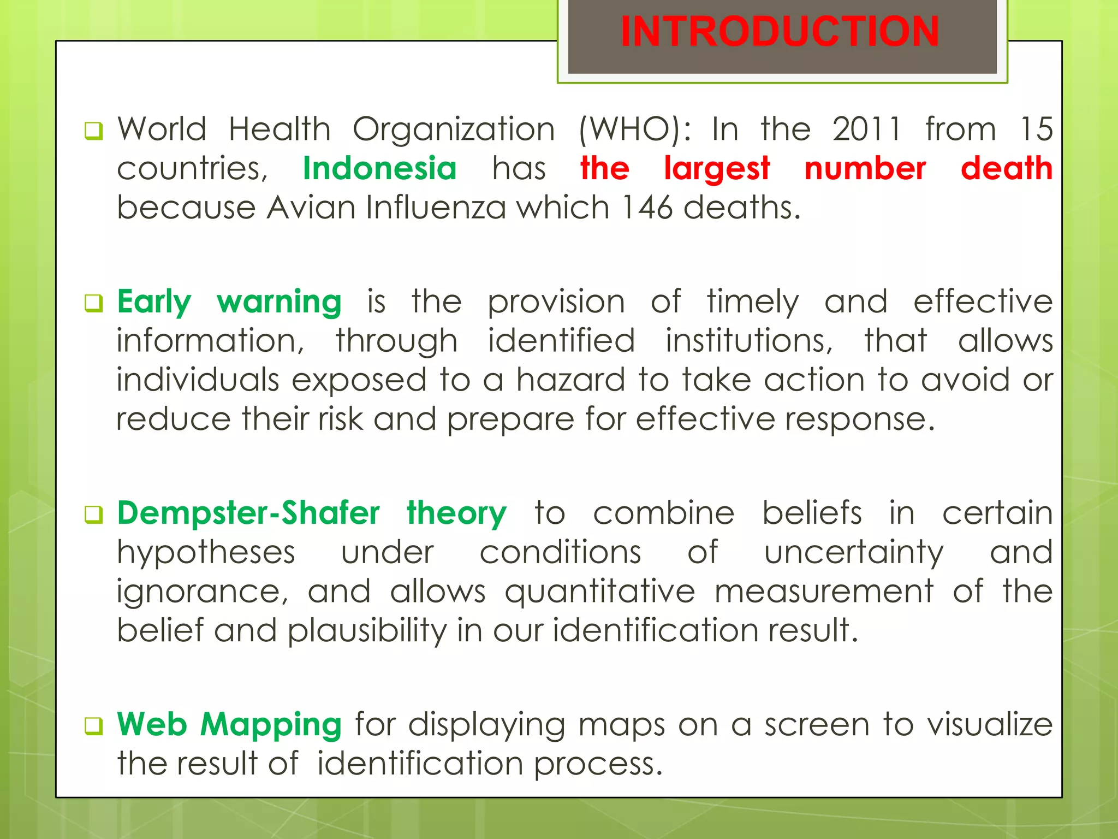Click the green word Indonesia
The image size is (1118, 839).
click(x=379, y=168)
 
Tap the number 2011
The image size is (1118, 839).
click(x=866, y=129)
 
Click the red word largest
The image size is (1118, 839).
click(x=717, y=169)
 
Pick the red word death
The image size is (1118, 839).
click(x=1006, y=168)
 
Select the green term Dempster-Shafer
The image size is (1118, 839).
click(x=248, y=513)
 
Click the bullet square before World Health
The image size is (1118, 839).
click(x=93, y=131)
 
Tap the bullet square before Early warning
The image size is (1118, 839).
click(x=93, y=303)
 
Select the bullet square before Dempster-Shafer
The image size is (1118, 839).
click(x=93, y=515)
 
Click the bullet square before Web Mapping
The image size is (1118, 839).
click(x=93, y=726)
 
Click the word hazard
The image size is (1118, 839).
click(x=570, y=380)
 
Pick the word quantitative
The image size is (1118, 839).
click(x=600, y=592)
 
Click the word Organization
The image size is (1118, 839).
click(x=454, y=130)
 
